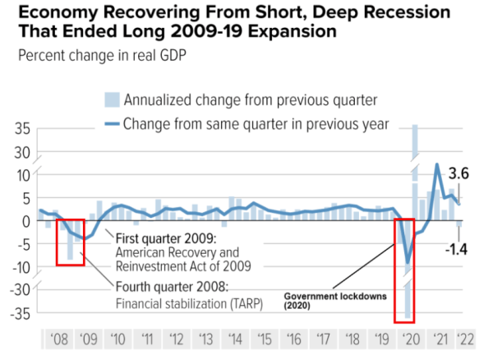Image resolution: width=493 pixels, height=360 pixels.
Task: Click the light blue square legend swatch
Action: click(x=112, y=100)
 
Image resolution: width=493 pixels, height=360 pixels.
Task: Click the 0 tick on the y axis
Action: click(x=26, y=220)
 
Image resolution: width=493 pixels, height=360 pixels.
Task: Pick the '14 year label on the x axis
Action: click(x=234, y=339)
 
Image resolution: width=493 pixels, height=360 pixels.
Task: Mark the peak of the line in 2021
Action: click(x=436, y=165)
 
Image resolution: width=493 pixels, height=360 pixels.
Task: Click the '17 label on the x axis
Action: click(x=324, y=339)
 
